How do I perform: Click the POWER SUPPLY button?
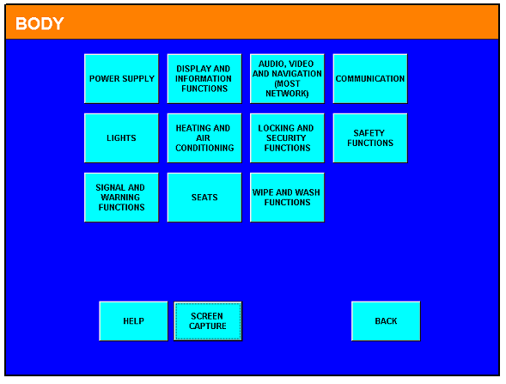[121, 79]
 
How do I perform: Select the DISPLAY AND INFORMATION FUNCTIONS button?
[204, 79]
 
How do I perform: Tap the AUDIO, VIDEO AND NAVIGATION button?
[287, 79]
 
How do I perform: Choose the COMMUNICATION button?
[370, 79]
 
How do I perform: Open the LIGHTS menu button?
[121, 138]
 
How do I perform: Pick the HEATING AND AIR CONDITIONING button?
[204, 138]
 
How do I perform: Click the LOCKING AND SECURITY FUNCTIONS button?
[287, 138]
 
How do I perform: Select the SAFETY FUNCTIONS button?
[370, 138]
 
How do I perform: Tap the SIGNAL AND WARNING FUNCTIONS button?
[121, 198]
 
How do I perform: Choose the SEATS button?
[204, 198]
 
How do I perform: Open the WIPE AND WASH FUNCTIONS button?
[287, 198]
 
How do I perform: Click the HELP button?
[133, 321]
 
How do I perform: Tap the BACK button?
[386, 321]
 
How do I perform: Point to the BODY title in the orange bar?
[40, 23]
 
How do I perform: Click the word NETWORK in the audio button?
[287, 94]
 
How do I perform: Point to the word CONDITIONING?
[204, 148]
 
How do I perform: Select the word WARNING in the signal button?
[120, 198]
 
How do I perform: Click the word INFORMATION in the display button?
[204, 79]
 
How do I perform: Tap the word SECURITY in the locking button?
[286, 138]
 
